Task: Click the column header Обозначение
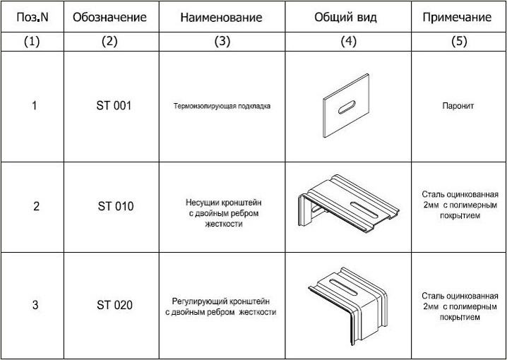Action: click(109, 17)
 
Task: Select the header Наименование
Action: click(221, 18)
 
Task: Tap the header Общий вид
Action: click(345, 17)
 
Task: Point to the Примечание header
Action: click(457, 18)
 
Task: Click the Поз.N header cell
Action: click(32, 17)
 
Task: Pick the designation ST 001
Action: click(114, 106)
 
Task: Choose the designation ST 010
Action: click(115, 206)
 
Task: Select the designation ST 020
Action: click(114, 305)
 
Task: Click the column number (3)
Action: click(222, 41)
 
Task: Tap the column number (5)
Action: click(459, 41)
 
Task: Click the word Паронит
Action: click(458, 106)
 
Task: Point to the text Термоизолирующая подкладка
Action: click(222, 106)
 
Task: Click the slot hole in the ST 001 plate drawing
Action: click(347, 107)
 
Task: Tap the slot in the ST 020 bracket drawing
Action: click(343, 287)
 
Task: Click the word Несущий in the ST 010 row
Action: click(203, 203)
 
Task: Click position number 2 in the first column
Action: click(36, 206)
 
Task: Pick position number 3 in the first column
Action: click(35, 305)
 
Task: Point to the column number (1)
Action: click(32, 41)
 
